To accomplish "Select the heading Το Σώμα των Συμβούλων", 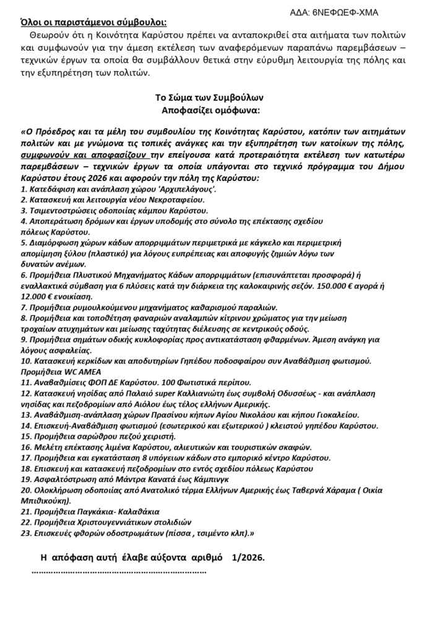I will coord(210,98).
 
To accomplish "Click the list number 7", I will coord(24,307).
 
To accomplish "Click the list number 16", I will coord(25,447).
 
